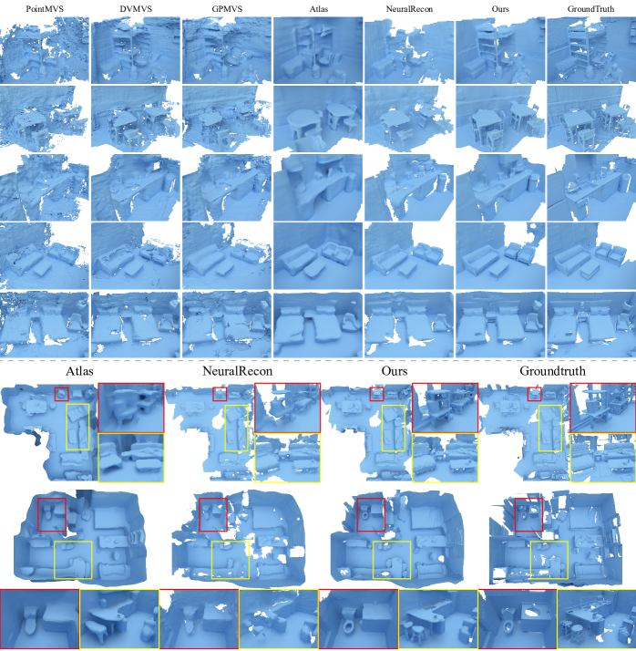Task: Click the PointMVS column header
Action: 45,9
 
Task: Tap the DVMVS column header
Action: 136,9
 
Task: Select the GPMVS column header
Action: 227,9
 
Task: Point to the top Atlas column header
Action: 318,9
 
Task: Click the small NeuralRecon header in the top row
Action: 409,9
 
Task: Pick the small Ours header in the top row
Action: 500,9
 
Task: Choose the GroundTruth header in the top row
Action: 590,9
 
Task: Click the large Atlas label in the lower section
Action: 79,371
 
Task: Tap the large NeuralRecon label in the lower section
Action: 237,371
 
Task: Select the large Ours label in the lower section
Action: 395,371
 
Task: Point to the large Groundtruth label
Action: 552,371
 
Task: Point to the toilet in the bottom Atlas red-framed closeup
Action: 31,618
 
